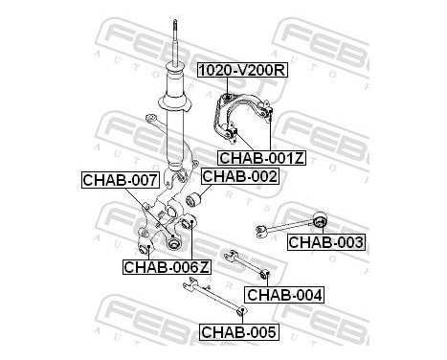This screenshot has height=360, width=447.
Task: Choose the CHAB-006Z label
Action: coord(167,267)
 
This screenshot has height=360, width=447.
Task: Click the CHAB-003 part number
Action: coord(325,242)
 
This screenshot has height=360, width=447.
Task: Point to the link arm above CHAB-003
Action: coord(291,221)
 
